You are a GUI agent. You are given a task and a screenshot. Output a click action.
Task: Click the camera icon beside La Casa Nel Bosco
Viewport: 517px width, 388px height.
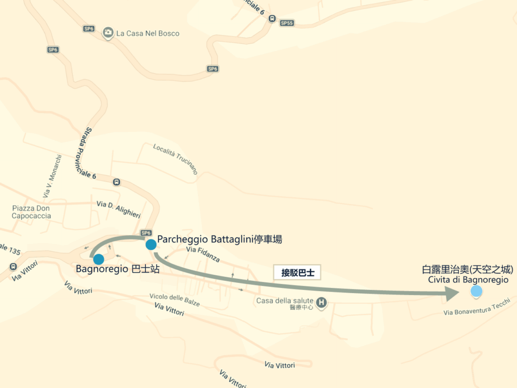pos(108,33)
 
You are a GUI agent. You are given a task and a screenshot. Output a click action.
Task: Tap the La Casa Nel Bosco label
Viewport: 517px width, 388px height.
pos(147,34)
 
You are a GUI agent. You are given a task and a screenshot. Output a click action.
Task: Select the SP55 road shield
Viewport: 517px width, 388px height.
pos(287,23)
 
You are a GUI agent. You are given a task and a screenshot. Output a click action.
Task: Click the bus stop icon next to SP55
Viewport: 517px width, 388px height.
pos(273,19)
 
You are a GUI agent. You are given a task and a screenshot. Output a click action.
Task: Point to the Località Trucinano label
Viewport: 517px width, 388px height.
pos(175,159)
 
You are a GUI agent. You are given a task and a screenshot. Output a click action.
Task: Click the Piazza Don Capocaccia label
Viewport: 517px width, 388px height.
pos(31,212)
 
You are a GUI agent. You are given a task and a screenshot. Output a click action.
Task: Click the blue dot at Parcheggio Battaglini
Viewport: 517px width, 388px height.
pos(150,245)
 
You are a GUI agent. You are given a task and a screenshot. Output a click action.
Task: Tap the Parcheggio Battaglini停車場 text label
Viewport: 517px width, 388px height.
pos(220,239)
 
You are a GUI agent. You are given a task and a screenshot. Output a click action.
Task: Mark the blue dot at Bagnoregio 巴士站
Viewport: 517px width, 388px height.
pos(98,260)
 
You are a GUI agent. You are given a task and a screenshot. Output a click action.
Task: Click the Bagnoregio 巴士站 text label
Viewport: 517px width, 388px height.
pos(118,269)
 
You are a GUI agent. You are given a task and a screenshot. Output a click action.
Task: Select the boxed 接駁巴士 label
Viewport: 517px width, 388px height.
pos(298,272)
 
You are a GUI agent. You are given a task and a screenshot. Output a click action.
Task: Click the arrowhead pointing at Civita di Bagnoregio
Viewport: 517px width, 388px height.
pos(451,293)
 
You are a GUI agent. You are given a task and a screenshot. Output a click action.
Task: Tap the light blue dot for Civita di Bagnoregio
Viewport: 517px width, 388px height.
pos(476,292)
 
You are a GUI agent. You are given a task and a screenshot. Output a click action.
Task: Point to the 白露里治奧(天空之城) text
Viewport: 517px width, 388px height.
pos(468,270)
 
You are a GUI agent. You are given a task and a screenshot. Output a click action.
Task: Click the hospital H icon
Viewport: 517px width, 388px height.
pos(322,303)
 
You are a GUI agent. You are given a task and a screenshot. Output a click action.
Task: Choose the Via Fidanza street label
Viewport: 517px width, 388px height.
pos(203,254)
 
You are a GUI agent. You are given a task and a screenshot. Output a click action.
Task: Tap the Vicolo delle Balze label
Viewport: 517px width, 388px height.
pos(175,300)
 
